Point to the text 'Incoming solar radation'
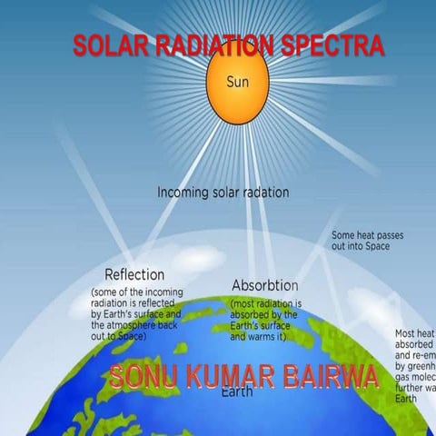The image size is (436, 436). (x=223, y=193)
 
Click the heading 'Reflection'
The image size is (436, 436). (x=134, y=274)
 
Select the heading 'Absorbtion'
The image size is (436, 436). (x=265, y=285)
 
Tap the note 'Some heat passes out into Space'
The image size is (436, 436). (x=367, y=241)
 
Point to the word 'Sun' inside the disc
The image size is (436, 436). (x=237, y=81)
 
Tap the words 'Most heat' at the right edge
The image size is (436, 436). (x=413, y=334)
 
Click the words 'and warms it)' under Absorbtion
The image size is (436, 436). (x=260, y=337)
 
